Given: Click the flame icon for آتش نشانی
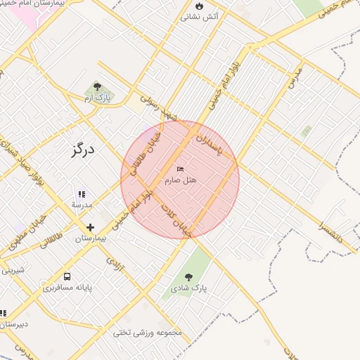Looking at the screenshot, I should (199, 5).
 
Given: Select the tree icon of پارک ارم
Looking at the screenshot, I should (97, 87).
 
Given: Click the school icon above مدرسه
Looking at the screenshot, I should (82, 194).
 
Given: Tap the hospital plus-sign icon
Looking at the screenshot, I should (90, 227).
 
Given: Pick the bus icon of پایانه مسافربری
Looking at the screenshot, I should (67, 277).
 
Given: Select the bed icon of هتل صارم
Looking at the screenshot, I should (181, 169).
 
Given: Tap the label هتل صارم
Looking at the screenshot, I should (181, 181).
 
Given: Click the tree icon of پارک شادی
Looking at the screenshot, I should (188, 276).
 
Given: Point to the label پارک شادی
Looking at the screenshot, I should (188, 288).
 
